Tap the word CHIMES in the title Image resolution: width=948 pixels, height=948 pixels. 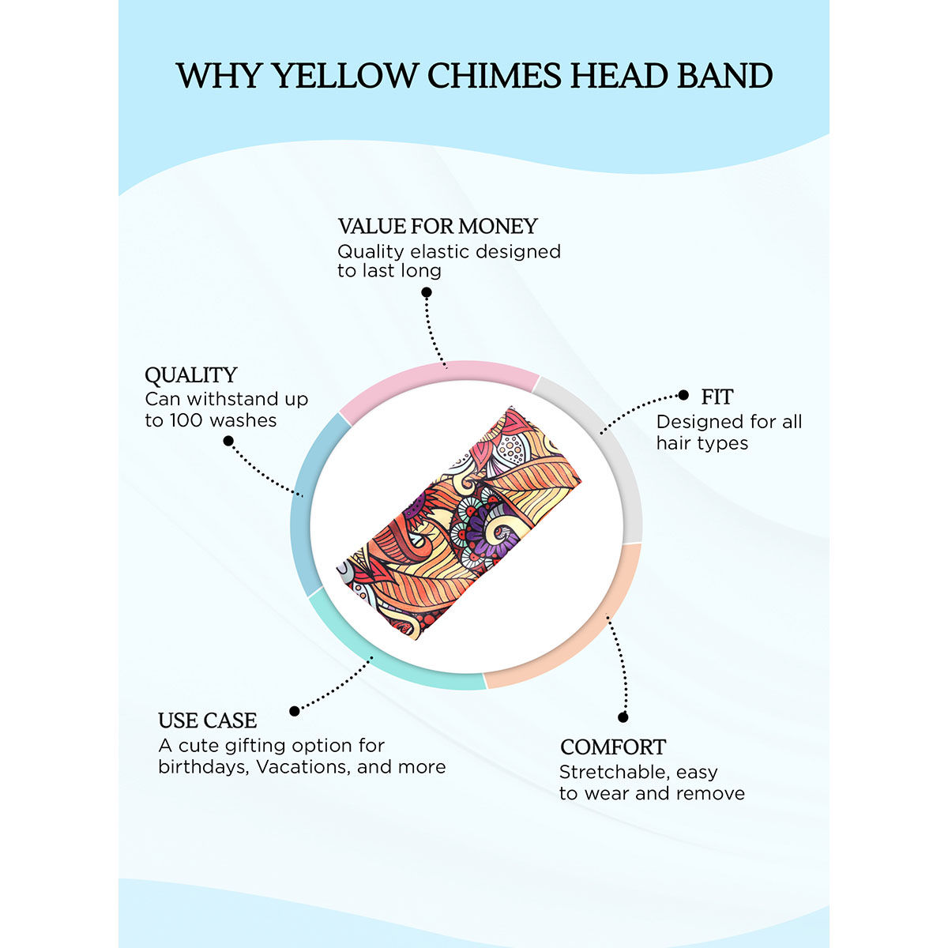pyautogui.click(x=494, y=76)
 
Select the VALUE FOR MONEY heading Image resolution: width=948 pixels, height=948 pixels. pyautogui.click(x=438, y=226)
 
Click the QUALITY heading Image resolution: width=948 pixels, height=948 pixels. pyautogui.click(x=191, y=375)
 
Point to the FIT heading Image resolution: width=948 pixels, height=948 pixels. pyautogui.click(x=717, y=397)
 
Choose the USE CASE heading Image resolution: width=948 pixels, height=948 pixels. pyautogui.click(x=207, y=720)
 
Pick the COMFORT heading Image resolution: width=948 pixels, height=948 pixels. pyautogui.click(x=613, y=747)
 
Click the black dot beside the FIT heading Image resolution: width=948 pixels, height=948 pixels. pyautogui.click(x=683, y=395)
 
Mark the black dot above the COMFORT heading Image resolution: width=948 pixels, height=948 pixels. pyautogui.click(x=623, y=717)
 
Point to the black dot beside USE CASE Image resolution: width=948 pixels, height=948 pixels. pyautogui.click(x=295, y=711)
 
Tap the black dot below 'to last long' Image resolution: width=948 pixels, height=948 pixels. pyautogui.click(x=427, y=293)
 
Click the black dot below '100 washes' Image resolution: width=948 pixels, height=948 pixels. pyautogui.click(x=228, y=442)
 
